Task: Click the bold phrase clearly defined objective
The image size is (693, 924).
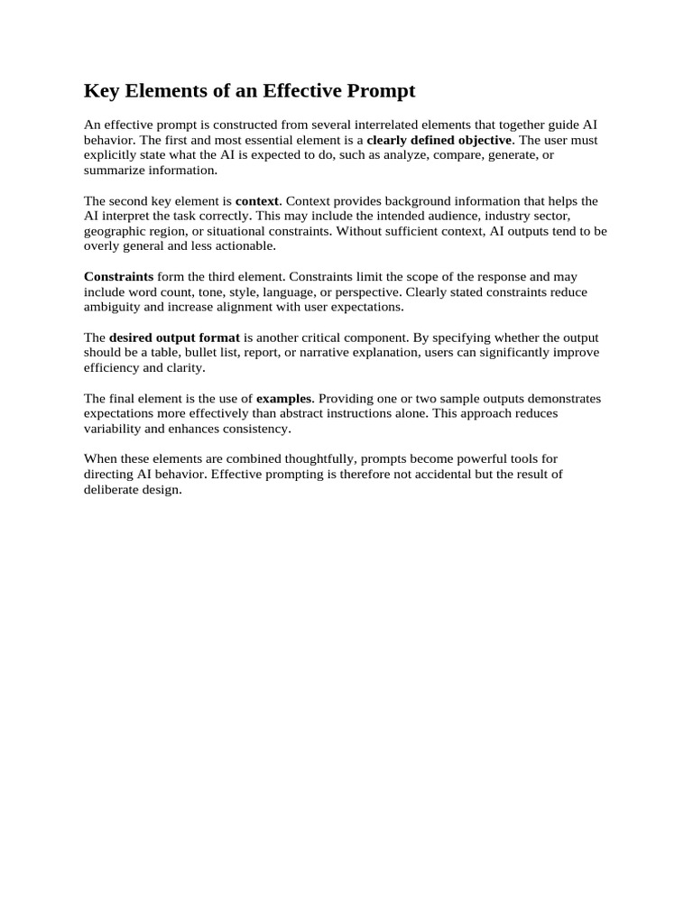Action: tap(439, 141)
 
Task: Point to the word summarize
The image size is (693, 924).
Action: tap(111, 170)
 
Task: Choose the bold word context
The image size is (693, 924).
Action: tap(257, 201)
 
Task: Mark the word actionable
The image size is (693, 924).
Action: tap(246, 245)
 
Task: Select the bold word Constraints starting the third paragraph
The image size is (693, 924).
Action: tap(119, 277)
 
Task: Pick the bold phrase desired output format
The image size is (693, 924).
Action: tap(175, 338)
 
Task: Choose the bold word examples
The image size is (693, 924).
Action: tap(285, 399)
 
